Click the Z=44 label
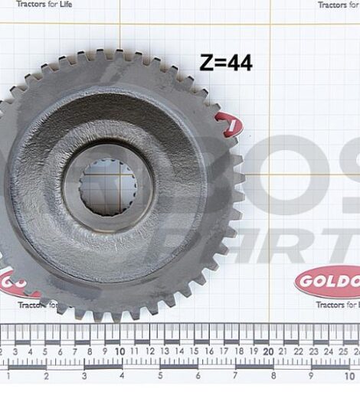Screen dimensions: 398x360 [x=226, y=63]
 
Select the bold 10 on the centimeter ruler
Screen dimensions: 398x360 [x=119, y=351]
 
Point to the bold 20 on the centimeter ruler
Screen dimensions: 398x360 [x=268, y=351]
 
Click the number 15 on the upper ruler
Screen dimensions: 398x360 [x=194, y=351]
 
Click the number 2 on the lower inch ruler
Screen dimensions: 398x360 [x=46, y=377]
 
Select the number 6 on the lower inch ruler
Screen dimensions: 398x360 [x=198, y=377]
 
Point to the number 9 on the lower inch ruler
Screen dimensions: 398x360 [x=311, y=377]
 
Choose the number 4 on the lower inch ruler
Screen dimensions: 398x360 [x=122, y=377]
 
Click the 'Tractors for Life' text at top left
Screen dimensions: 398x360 [x=45, y=5]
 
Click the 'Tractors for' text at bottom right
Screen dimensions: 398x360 [x=338, y=305]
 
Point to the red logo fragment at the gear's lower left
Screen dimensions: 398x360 [x=20, y=283]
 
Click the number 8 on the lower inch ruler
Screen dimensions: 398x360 [x=273, y=377]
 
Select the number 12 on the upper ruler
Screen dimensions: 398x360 [x=149, y=351]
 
